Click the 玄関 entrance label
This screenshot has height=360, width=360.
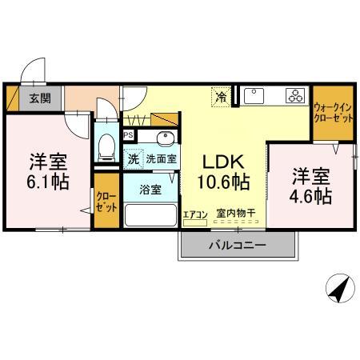(x=40, y=99)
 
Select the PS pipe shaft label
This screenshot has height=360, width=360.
(x=128, y=134)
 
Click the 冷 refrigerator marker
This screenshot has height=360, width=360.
(x=220, y=98)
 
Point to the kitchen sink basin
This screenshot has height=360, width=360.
(x=256, y=97)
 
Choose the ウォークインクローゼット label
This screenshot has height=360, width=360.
(x=332, y=111)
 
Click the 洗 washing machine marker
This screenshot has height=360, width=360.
(x=134, y=158)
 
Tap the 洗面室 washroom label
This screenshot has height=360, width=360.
(x=160, y=159)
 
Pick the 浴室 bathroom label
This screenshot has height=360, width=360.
(x=150, y=190)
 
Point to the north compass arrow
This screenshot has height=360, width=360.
(x=339, y=289)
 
